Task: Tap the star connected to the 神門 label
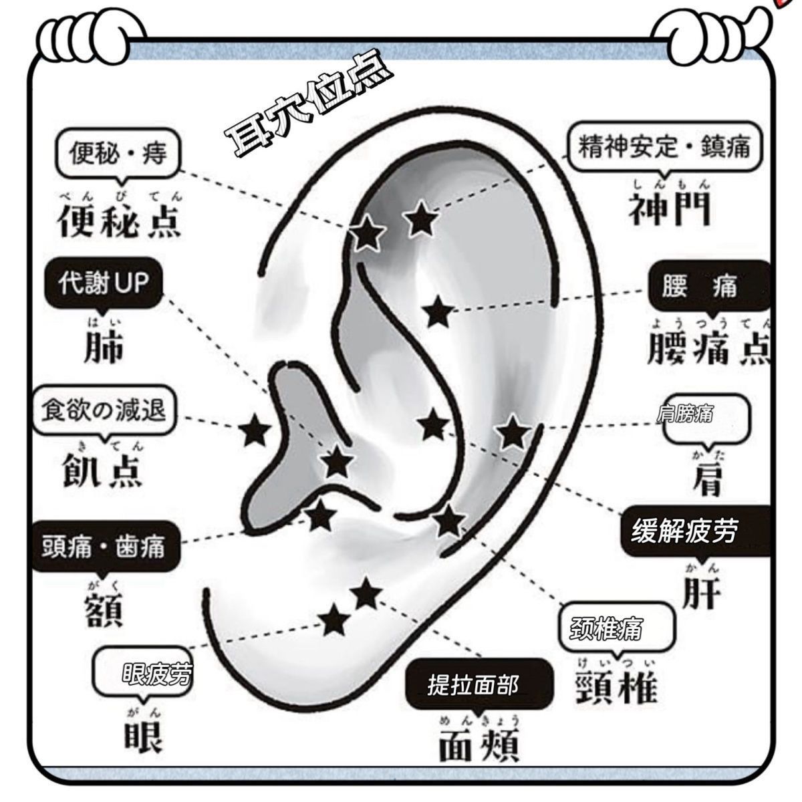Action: (x=421, y=219)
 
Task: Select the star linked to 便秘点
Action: (x=367, y=233)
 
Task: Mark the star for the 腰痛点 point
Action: (x=438, y=311)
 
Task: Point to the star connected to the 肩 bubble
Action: (x=513, y=432)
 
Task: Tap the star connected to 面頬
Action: (x=366, y=593)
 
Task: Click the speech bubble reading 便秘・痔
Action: (x=118, y=154)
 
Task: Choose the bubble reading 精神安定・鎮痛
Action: (x=664, y=148)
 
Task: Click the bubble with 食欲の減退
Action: (x=104, y=410)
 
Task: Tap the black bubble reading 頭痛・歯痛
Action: (x=106, y=547)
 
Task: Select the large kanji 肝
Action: (x=702, y=593)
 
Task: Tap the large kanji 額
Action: (x=104, y=611)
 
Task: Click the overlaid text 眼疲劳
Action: (x=157, y=674)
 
